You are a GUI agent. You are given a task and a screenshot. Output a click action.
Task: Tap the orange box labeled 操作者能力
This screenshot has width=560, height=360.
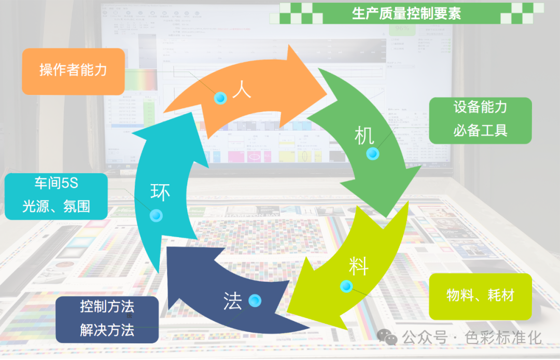73,71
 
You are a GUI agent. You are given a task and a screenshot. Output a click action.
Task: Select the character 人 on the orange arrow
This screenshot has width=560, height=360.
242,89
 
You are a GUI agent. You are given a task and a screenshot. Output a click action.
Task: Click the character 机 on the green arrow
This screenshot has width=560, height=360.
364,136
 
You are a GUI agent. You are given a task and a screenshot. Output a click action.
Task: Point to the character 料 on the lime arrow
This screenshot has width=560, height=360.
358,267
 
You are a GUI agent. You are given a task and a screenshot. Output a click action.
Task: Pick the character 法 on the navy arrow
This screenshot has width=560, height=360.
233,301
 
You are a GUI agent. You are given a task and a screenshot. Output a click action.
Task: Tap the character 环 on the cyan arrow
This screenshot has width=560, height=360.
160,192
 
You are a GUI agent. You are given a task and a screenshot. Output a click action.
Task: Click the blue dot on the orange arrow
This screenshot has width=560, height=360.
221,98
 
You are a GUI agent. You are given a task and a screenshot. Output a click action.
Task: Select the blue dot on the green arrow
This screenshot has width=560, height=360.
372,154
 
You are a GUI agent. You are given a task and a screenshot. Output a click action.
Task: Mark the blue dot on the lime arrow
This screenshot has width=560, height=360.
346,286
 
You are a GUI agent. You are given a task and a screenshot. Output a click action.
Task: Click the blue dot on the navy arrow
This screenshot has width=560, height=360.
255,300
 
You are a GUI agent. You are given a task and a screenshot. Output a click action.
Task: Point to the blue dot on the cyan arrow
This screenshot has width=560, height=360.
156,215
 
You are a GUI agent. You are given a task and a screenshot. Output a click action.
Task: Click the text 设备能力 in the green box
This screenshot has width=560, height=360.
480,107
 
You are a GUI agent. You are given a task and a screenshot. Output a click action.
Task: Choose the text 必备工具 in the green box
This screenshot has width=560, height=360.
480,130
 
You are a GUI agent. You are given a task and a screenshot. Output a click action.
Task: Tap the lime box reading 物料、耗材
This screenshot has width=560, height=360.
480,296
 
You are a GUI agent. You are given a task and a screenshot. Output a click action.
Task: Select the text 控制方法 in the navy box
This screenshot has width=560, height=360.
107,307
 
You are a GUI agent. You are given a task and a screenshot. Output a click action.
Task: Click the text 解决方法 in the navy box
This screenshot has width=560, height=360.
107,330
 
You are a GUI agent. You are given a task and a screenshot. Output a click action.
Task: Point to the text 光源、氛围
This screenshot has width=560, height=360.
56,206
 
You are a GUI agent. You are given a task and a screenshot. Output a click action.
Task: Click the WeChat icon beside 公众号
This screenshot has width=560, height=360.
387,337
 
